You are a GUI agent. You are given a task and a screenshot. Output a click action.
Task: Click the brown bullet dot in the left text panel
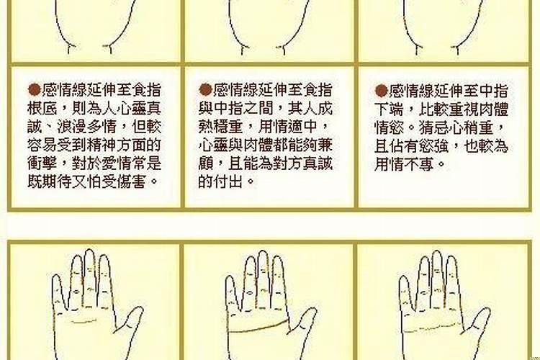pos(33,90)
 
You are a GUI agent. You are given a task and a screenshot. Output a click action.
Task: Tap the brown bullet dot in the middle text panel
pos(204,90)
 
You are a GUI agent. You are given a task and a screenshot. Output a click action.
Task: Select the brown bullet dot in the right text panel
pos(381,91)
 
